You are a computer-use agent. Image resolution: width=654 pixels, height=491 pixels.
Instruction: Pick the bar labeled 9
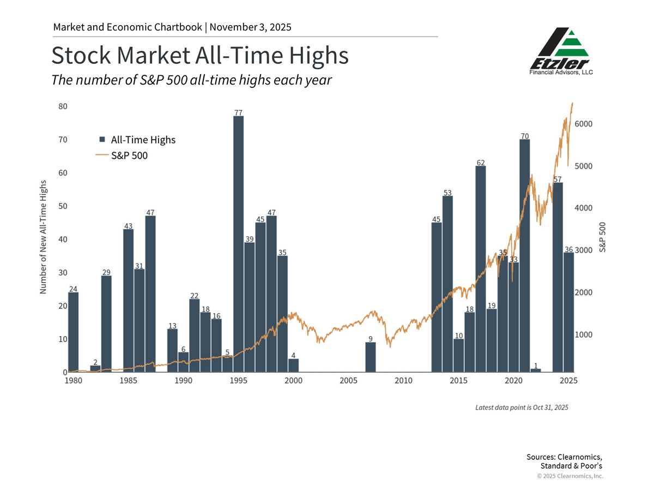click(370, 357)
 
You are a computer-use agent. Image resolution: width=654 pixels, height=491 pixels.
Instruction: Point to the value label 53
click(447, 193)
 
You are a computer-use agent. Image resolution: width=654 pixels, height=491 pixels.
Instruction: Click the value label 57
click(558, 179)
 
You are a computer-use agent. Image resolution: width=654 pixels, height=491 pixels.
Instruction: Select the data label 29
click(106, 272)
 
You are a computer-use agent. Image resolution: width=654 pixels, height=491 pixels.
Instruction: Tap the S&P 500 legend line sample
click(102, 155)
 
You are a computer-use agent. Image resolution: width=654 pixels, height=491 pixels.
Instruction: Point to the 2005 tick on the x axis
click(348, 380)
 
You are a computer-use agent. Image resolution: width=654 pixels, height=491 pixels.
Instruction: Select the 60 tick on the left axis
click(63, 173)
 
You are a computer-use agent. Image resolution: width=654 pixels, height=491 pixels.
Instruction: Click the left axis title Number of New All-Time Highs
click(44, 237)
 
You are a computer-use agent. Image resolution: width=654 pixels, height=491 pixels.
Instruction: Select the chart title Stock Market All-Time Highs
click(199, 56)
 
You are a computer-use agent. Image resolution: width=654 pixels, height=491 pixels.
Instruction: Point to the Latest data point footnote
click(522, 407)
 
